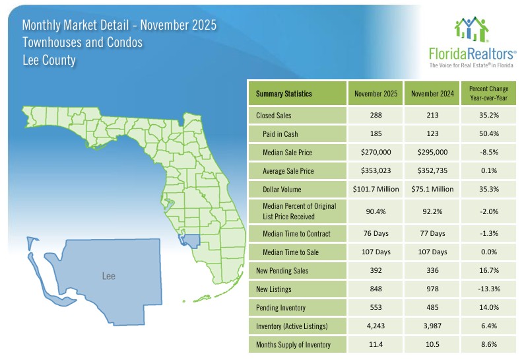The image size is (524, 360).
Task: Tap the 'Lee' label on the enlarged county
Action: click(109, 275)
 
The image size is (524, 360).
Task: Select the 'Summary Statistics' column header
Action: click(284, 94)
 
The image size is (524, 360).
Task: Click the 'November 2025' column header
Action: click(376, 94)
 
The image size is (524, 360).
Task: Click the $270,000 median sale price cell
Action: click(376, 153)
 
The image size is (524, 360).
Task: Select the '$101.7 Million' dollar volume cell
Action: click(376, 190)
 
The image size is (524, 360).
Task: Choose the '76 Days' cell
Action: click(376, 233)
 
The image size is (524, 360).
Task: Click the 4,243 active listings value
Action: click(376, 326)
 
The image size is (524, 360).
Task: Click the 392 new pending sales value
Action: click(376, 270)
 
